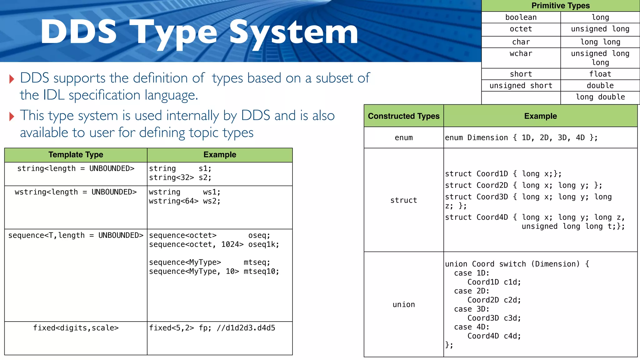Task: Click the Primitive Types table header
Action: pyautogui.click(x=560, y=6)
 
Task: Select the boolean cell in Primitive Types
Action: pyautogui.click(x=521, y=17)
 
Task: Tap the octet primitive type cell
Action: pyautogui.click(x=521, y=29)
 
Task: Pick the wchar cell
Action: pyautogui.click(x=521, y=54)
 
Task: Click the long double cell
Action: pyautogui.click(x=600, y=97)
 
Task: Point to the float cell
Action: pyautogui.click(x=600, y=74)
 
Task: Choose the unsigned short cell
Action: pyautogui.click(x=521, y=86)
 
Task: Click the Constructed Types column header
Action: pyautogui.click(x=403, y=116)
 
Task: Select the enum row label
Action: pyautogui.click(x=403, y=138)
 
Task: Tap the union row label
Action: pyautogui.click(x=403, y=305)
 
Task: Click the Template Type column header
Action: pyautogui.click(x=76, y=155)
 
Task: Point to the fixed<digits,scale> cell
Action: pyautogui.click(x=76, y=328)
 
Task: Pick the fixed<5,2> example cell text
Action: pyautogui.click(x=212, y=328)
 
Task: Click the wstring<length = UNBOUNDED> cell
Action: pyautogui.click(x=76, y=192)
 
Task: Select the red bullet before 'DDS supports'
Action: pyautogui.click(x=12, y=79)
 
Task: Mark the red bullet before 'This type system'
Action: pyautogui.click(x=12, y=117)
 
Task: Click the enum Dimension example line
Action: pyautogui.click(x=521, y=138)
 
